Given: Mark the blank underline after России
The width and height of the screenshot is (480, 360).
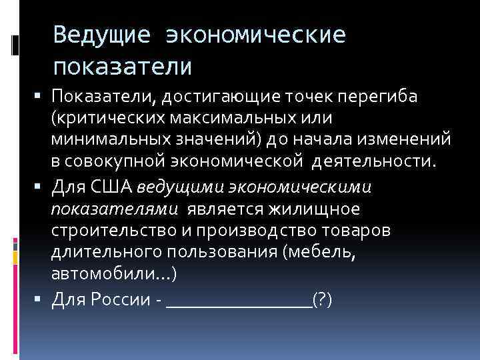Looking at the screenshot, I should [x=239, y=303].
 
